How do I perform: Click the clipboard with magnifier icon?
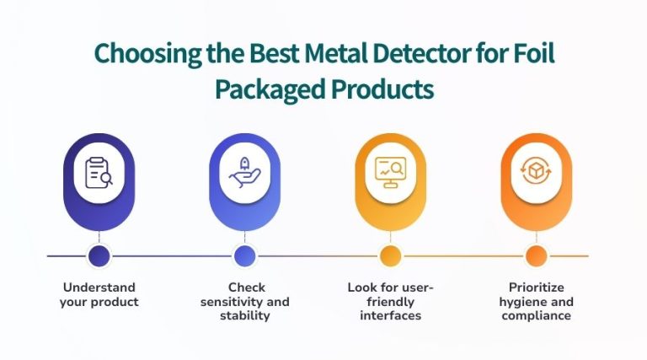pos(99,173)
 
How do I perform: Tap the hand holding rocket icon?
pos(244,173)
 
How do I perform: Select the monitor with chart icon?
pos(390,173)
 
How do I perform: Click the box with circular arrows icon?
pos(536,173)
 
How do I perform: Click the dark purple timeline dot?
pos(99,255)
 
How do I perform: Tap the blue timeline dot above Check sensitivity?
pos(244,255)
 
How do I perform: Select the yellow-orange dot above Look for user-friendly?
pos(390,255)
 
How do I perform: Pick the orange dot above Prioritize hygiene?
pos(536,255)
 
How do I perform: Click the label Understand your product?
pos(99,294)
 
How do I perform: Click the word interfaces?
pos(390,315)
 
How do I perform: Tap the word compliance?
pos(536,315)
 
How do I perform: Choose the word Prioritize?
pos(536,287)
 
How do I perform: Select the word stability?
pos(244,315)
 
